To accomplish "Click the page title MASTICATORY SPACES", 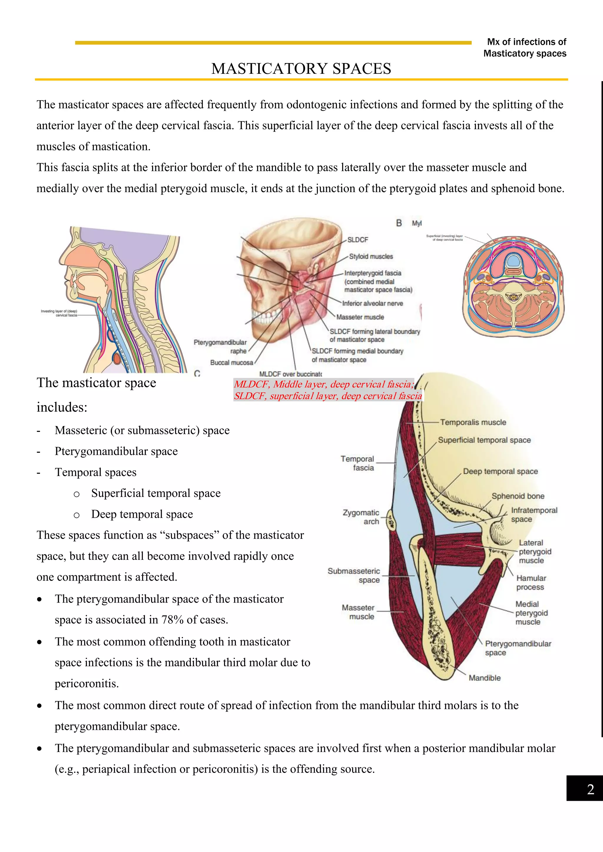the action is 301,69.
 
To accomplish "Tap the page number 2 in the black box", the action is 590,789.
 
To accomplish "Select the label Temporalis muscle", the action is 473,422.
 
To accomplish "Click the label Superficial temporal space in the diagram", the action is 484,440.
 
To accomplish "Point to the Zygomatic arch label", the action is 361,517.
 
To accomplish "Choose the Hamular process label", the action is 531,583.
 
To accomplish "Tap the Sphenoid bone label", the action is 518,496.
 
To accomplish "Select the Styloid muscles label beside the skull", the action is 371,257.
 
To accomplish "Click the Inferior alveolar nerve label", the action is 372,304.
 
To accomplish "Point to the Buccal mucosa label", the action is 231,362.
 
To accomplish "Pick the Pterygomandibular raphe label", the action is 220,347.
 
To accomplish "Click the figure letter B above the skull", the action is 399,223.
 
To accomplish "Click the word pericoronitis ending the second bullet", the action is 86,683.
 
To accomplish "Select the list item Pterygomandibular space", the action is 116,451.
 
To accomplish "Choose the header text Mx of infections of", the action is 526,42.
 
